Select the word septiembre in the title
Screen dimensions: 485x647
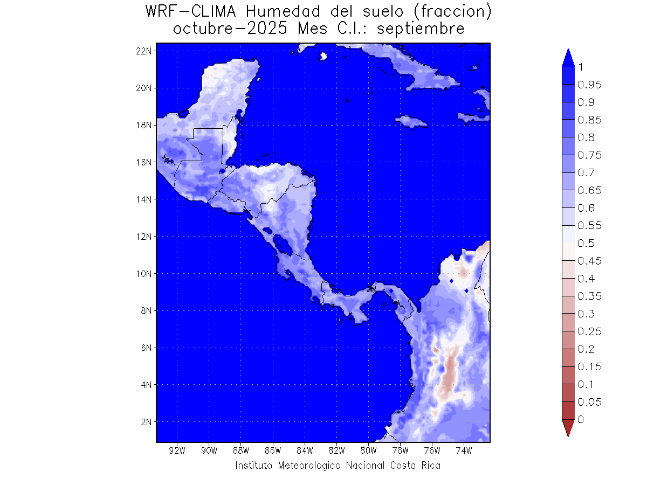pos(421,29)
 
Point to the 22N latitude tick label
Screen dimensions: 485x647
pos(146,51)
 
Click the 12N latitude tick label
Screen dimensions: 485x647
pos(146,236)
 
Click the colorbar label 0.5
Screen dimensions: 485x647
pos(587,243)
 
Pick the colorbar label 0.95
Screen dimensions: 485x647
pos(589,85)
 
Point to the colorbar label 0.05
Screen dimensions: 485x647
pos(589,402)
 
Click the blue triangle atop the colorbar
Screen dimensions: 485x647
pos(568,58)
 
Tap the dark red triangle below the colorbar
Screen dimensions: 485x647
pos(568,428)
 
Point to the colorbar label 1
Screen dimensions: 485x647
pos(581,67)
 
